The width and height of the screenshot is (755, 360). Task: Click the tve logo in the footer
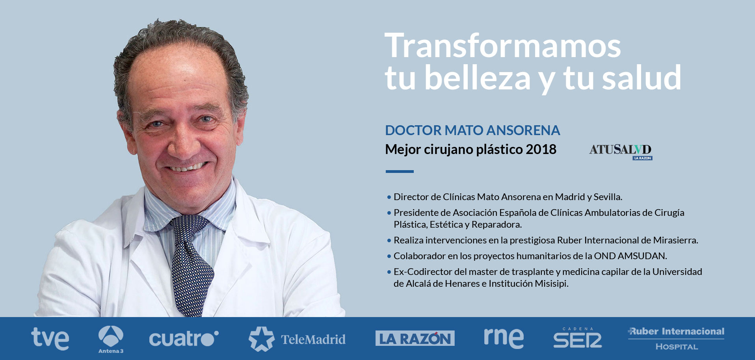(50, 339)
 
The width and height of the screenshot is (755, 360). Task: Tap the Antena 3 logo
(111, 339)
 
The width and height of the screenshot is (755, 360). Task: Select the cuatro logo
(184, 339)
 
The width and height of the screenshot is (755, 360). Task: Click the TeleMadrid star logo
(261, 339)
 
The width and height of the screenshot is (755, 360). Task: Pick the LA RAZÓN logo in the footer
(415, 338)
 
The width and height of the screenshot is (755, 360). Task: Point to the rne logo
(504, 338)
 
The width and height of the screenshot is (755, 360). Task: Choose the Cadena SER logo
(577, 338)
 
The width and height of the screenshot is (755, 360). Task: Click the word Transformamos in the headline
(503, 46)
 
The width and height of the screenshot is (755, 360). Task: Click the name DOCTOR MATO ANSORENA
(472, 130)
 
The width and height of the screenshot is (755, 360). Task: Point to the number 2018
(541, 149)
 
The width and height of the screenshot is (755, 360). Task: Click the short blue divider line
(400, 171)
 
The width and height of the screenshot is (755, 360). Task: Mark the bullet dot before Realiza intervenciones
(389, 240)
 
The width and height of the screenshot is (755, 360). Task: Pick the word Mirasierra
(675, 240)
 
